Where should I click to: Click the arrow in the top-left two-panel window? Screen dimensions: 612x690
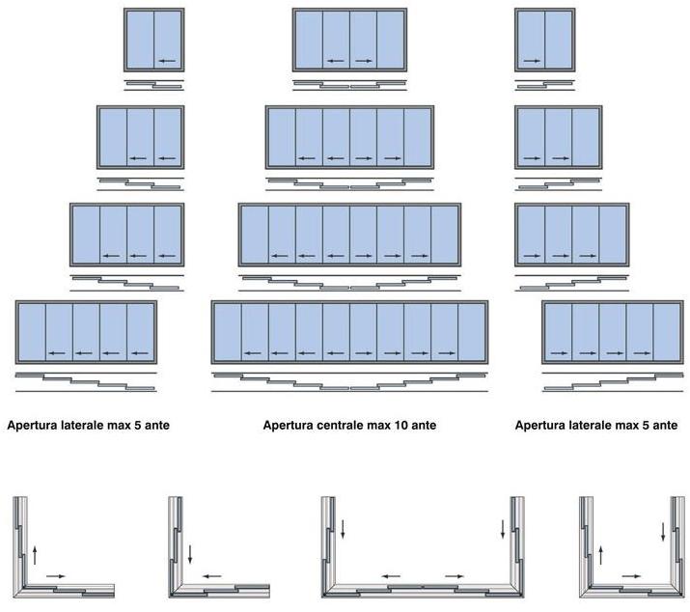[168, 61]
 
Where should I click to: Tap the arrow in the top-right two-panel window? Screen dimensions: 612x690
[530, 61]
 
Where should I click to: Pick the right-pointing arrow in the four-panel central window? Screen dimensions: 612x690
[363, 61]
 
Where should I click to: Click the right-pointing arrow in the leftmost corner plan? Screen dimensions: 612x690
[56, 576]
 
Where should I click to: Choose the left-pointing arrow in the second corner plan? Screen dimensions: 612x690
[211, 576]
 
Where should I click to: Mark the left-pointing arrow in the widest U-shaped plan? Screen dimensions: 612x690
[391, 576]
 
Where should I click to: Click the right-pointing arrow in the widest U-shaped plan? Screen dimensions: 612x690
[452, 576]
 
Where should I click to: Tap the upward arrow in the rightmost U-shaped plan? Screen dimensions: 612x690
[600, 554]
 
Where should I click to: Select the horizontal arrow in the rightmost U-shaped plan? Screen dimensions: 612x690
[633, 576]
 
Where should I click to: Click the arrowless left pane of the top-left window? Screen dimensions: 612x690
[140, 40]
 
